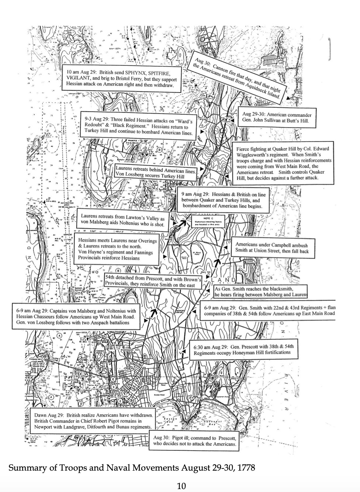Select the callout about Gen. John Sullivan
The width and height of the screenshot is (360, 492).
click(x=277, y=117)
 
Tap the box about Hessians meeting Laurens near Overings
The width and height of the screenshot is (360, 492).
click(x=117, y=249)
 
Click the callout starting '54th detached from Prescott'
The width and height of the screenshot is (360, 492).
click(x=153, y=280)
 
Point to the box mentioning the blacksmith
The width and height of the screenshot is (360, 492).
click(x=261, y=292)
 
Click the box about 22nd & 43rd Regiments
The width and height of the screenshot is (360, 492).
click(x=269, y=311)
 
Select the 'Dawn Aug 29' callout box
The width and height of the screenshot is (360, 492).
click(x=93, y=421)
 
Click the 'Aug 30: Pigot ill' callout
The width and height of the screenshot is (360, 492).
click(x=194, y=441)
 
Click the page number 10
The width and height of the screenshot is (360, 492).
click(x=181, y=486)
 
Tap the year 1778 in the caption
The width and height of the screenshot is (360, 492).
click(x=246, y=468)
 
